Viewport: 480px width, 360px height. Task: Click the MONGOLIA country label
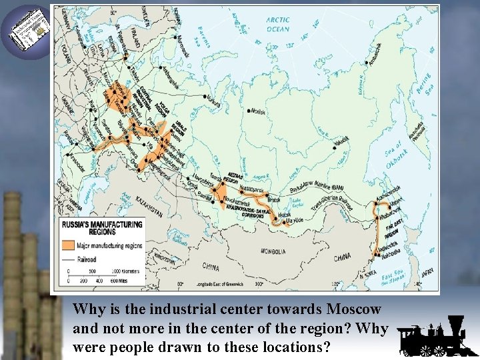pyautogui.click(x=273, y=251)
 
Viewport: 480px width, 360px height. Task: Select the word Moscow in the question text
pyautogui.click(x=354, y=309)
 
